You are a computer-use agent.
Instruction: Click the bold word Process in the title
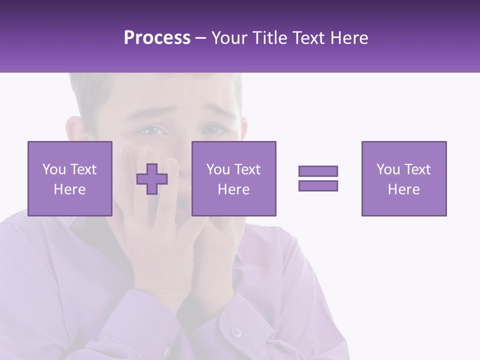(157, 38)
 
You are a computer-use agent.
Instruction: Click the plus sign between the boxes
(152, 179)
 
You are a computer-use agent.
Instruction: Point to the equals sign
(318, 178)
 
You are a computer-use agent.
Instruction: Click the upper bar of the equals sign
(318, 171)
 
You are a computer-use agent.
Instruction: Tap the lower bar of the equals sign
(318, 185)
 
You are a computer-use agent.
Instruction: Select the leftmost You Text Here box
(69, 178)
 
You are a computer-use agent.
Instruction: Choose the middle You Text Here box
(233, 178)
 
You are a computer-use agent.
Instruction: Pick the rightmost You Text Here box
(403, 178)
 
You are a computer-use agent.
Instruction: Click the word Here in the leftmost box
(69, 189)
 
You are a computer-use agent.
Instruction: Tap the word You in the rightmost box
(388, 169)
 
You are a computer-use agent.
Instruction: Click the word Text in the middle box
(247, 169)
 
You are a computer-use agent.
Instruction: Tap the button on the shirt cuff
(235, 331)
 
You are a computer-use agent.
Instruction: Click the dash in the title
(200, 38)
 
